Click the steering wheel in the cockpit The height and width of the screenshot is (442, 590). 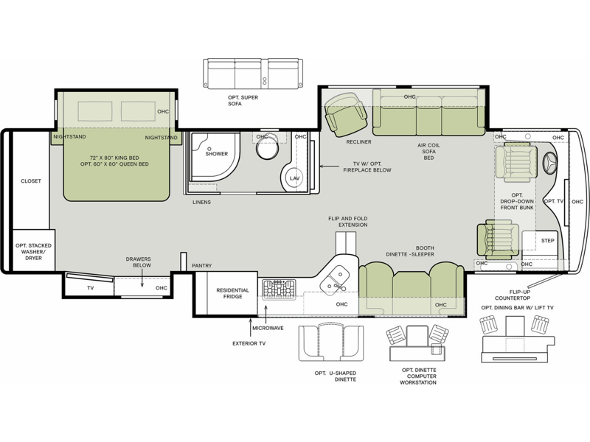550,164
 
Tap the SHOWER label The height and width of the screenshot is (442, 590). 216,154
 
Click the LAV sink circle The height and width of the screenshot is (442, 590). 294,178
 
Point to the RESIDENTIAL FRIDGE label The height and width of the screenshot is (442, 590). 232,293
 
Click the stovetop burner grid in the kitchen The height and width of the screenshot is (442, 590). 279,290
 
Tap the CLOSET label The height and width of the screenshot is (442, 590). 31,180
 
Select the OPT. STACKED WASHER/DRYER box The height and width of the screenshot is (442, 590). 34,250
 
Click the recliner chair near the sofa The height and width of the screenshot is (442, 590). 345,114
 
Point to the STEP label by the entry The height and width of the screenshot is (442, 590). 547,241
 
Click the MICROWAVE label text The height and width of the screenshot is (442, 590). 268,328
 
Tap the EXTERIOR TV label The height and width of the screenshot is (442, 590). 249,343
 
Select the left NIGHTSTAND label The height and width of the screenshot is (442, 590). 69,137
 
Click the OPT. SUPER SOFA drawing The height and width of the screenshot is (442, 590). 253,74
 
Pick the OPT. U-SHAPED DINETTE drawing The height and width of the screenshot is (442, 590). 331,343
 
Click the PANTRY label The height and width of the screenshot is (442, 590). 201,265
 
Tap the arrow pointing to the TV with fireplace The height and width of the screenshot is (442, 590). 329,166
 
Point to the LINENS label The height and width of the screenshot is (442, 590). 201,202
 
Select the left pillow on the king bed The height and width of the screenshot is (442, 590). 95,111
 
